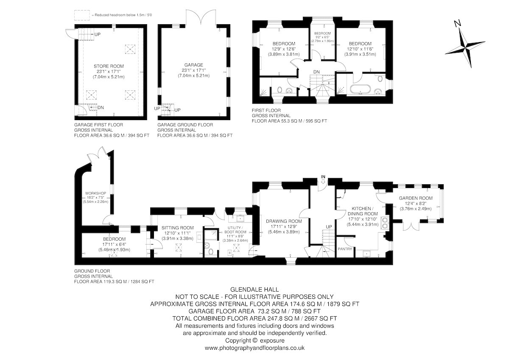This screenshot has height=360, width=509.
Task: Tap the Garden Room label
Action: [x=416, y=198]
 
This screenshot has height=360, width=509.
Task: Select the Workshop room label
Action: [x=95, y=193]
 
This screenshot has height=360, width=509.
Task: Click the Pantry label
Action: [x=345, y=249]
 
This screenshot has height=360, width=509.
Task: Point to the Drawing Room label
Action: [x=284, y=221]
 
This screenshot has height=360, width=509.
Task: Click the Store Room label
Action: [x=109, y=66]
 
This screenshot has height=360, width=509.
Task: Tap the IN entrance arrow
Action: [x=323, y=181]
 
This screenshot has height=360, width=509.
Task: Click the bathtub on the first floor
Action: [x=361, y=90]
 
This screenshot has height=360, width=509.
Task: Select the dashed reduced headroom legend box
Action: [x=82, y=15]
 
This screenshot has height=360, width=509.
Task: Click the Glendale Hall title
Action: [x=255, y=290]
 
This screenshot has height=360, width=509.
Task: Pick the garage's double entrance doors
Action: [x=201, y=17]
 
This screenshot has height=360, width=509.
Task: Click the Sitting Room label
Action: [x=177, y=228]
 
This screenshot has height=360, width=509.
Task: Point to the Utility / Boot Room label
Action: [x=235, y=230]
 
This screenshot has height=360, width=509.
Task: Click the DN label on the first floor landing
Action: [x=316, y=72]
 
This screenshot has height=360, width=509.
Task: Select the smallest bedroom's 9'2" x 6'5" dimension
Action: [x=322, y=37]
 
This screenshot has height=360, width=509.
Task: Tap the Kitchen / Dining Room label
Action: [x=362, y=211]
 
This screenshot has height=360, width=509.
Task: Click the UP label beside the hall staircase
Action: [x=329, y=227]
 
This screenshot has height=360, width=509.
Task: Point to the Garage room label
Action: [x=193, y=65]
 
